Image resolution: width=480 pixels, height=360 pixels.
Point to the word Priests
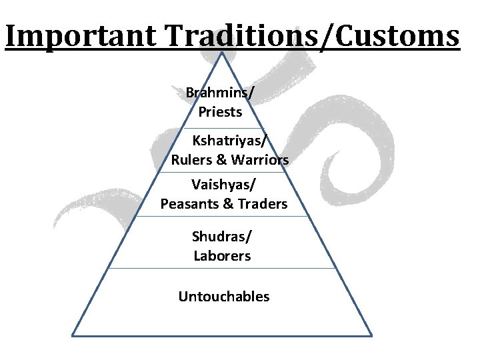click(x=220, y=112)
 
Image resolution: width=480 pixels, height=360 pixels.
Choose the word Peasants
click(x=189, y=203)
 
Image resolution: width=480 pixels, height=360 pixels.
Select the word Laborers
click(x=222, y=256)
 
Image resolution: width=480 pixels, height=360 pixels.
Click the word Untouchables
click(x=224, y=297)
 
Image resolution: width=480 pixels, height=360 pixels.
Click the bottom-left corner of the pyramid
click(x=73, y=335)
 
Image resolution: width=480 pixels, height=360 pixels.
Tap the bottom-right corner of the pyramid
click(x=371, y=335)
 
